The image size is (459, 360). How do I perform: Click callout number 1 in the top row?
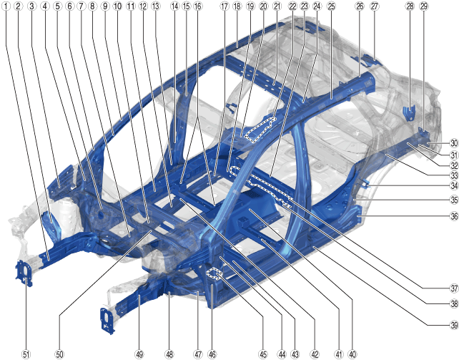point(6,6)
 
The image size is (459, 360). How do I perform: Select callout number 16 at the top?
point(198,6)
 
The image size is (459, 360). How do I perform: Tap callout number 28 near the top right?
point(410,6)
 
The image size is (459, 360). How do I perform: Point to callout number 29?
point(423,6)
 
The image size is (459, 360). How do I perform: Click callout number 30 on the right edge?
point(454,143)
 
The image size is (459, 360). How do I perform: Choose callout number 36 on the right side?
point(454,216)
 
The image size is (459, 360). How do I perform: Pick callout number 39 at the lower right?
point(454,325)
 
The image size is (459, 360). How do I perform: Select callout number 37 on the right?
point(454,288)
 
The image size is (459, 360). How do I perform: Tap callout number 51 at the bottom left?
point(26,354)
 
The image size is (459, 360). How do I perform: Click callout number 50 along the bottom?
point(59,354)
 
